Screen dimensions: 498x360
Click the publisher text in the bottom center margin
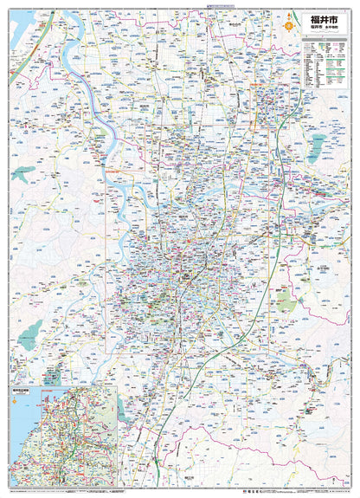(180, 491)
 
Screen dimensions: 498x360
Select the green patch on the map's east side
(283, 301)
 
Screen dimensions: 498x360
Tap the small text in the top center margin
(180, 5)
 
